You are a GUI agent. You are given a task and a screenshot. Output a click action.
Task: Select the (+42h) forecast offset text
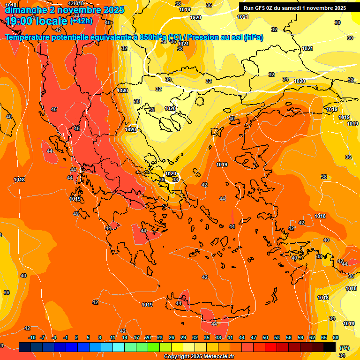coord(81,21)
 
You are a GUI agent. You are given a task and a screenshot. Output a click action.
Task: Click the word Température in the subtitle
coord(30,37)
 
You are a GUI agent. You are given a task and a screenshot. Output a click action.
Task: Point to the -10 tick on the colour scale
coord(32,337)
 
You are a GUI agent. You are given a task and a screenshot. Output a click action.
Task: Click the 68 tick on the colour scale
coord(336,337)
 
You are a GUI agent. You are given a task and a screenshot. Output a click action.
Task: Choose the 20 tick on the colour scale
coord(148,337)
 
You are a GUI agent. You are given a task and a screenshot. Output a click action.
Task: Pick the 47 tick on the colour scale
coord(254,337)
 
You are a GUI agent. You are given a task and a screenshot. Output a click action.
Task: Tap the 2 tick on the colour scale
coord(77,337)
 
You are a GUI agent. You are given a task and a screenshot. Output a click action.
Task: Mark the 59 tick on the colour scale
coord(300,337)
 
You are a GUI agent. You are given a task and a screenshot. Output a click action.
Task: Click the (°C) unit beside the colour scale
coord(344,348)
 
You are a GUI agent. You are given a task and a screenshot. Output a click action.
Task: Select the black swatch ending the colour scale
coord(330,347)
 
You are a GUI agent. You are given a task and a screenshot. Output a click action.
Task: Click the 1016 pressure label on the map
coord(349,323)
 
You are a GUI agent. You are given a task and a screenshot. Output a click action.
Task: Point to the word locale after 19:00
coord(52,21)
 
